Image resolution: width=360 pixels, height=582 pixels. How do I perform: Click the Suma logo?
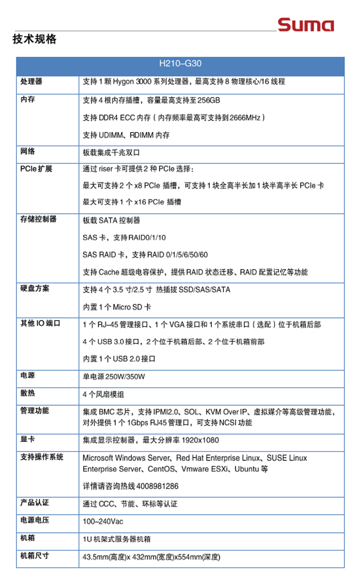pyautogui.click(x=306, y=24)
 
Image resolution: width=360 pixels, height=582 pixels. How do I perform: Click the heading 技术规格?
pyautogui.click(x=35, y=39)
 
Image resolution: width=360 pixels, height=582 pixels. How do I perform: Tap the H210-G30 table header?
pyautogui.click(x=180, y=63)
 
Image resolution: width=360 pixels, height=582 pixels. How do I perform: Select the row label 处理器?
pyautogui.click(x=31, y=82)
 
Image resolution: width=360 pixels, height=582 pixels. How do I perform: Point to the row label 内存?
pyautogui.click(x=28, y=100)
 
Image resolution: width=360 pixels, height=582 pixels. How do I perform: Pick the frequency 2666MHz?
pyautogui.click(x=245, y=118)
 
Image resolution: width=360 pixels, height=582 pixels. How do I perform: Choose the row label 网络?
pyautogui.click(x=28, y=152)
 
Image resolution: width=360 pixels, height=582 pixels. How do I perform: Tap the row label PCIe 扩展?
pyautogui.click(x=36, y=169)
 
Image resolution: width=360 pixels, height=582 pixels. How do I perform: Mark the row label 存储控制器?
pyautogui.click(x=38, y=219)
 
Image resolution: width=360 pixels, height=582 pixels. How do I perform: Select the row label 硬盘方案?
pyautogui.click(x=35, y=289)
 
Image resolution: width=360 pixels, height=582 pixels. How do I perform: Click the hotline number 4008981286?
pyautogui.click(x=157, y=486)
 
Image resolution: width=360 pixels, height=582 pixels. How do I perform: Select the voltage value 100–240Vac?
pyautogui.click(x=103, y=521)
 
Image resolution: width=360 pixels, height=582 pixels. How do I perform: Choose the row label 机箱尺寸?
pyautogui.click(x=35, y=556)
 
